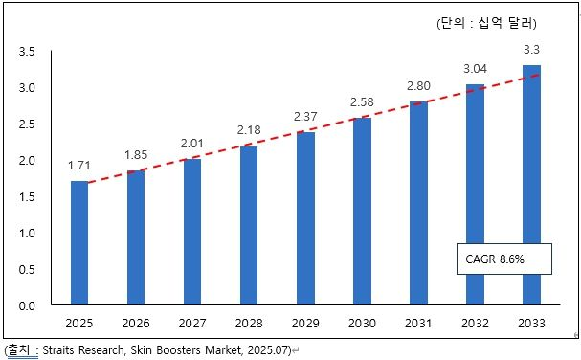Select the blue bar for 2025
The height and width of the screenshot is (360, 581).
[79, 243]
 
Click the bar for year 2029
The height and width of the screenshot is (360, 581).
[305, 218]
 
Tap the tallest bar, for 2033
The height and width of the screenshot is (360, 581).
[532, 185]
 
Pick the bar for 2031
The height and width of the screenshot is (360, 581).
[418, 203]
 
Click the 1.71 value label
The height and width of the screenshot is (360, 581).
[79, 166]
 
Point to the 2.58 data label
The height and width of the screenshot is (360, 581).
[362, 101]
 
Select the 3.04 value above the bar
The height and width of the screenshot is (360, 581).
[475, 69]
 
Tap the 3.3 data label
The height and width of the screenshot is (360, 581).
[531, 50]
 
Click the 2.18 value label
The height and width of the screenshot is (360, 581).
[249, 130]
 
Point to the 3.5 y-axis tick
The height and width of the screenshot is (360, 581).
[27, 51]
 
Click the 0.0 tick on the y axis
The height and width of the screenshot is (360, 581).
[27, 305]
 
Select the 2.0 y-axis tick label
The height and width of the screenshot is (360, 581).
[27, 161]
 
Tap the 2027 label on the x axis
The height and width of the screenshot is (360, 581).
[192, 324]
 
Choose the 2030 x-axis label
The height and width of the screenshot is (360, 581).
[362, 324]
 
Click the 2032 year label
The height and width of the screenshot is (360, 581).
[475, 324]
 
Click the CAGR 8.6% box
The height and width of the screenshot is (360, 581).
[503, 259]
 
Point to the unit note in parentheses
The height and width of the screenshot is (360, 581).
[486, 23]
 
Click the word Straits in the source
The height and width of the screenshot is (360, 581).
[59, 350]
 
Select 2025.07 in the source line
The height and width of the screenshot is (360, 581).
[267, 350]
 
